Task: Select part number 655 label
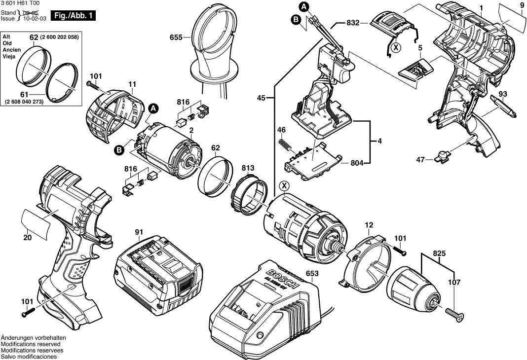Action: (x=176, y=37)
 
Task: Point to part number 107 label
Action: (x=454, y=283)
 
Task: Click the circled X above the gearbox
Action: (x=284, y=186)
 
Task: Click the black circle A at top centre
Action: (x=304, y=6)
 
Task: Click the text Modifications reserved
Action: (x=31, y=344)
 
